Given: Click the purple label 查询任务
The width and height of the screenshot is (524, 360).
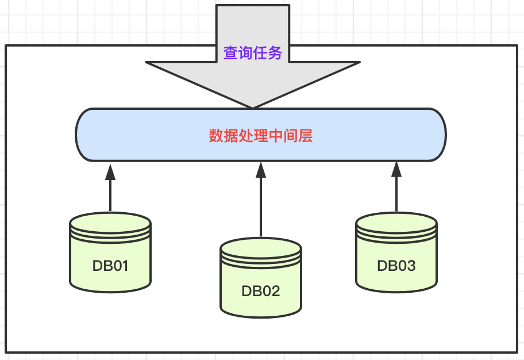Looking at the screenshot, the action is click(x=253, y=53).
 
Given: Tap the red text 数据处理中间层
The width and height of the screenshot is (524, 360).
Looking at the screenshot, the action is click(x=261, y=136).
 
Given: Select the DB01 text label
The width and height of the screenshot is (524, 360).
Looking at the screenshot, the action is click(x=110, y=266).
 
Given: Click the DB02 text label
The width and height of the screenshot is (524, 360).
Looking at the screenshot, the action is click(x=261, y=291).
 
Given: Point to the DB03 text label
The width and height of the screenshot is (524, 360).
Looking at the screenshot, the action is click(x=396, y=266).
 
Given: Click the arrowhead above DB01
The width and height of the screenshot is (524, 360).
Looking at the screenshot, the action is click(x=110, y=172).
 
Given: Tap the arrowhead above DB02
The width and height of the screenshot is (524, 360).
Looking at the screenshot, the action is click(x=261, y=170).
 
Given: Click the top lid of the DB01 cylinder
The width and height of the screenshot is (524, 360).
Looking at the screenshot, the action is click(x=110, y=222).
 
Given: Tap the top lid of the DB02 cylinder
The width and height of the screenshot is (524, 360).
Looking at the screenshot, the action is click(x=261, y=248).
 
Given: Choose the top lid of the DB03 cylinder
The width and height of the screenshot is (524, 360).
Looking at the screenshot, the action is click(x=396, y=222).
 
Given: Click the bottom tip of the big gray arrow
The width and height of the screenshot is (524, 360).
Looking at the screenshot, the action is click(x=253, y=108).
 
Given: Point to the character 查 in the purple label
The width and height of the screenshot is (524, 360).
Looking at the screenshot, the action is click(x=230, y=53).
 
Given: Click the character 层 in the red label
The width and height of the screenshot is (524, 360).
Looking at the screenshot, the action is click(x=306, y=136).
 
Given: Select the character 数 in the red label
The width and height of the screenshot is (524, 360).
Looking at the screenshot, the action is click(x=216, y=136).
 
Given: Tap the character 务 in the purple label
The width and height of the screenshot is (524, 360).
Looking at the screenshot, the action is click(x=275, y=53).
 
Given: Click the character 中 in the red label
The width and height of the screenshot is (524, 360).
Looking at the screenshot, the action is click(x=276, y=136).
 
